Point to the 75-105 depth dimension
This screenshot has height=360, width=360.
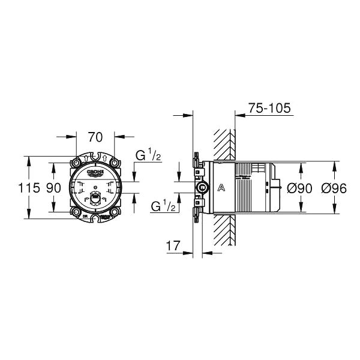click(269, 108)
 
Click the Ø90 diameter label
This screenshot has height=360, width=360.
click(299, 188)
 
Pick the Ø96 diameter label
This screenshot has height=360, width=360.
click(334, 188)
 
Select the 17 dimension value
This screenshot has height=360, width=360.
click(173, 245)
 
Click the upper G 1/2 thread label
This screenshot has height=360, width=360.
click(148, 155)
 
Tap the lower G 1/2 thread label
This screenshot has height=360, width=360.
click(163, 206)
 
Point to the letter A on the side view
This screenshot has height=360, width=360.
click(221, 188)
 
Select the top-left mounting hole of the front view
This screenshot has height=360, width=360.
click(77, 163)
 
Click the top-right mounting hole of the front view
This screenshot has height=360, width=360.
click(115, 163)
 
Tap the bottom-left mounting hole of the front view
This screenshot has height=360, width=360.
click(77, 212)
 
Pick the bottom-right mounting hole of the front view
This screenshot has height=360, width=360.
click(115, 212)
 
